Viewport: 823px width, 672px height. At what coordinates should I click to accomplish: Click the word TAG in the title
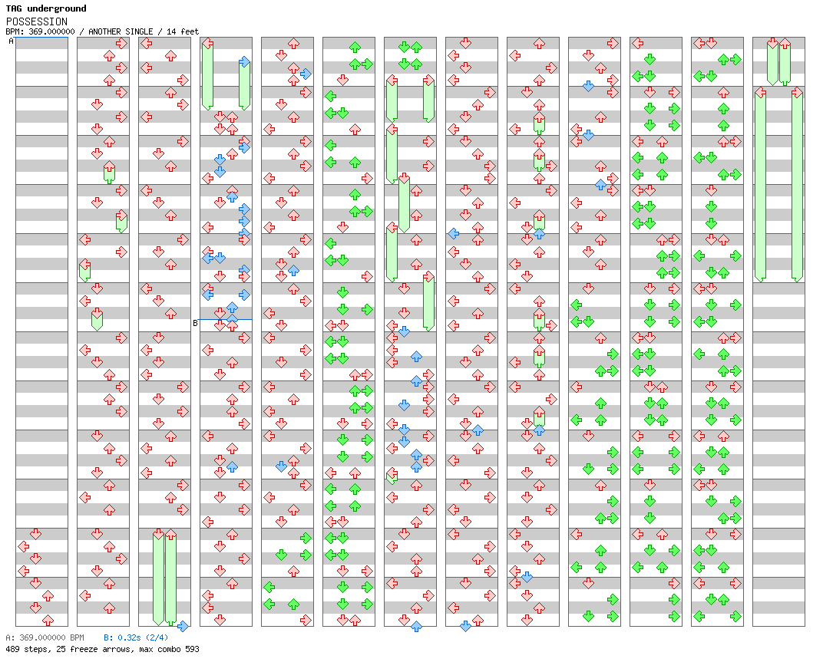click(14, 8)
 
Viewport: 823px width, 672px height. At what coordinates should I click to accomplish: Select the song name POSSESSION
click(37, 21)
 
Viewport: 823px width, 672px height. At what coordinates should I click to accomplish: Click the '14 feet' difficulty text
click(183, 31)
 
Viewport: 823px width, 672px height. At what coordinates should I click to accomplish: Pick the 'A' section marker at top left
click(11, 41)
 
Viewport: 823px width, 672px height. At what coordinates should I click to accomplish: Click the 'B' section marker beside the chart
click(195, 323)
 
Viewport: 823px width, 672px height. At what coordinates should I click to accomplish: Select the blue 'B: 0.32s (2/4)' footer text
click(136, 637)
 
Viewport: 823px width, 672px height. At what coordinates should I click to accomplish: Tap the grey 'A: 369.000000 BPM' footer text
click(45, 637)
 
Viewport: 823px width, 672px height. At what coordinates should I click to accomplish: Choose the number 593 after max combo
click(192, 649)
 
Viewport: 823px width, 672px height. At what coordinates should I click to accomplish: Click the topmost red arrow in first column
click(35, 534)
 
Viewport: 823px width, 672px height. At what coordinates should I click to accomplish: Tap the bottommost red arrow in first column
click(48, 620)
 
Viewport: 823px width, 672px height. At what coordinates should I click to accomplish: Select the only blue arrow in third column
click(183, 626)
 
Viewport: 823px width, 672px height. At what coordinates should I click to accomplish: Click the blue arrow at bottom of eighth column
click(465, 626)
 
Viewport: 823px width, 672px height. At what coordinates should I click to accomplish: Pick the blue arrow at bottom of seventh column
click(416, 626)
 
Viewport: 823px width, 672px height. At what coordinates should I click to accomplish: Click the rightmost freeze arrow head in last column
click(797, 92)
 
